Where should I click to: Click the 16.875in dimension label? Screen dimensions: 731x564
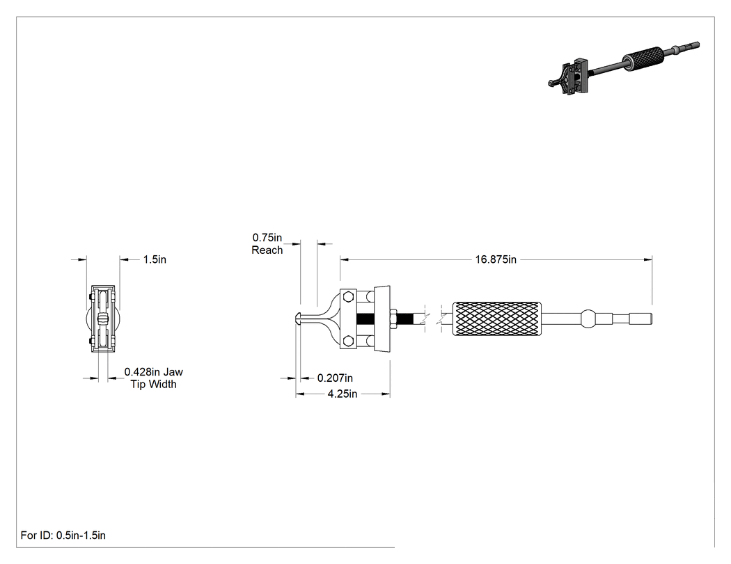click(496, 259)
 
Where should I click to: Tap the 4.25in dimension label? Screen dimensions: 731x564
click(343, 394)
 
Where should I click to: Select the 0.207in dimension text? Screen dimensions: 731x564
click(335, 378)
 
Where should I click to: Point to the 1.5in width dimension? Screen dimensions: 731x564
click(155, 259)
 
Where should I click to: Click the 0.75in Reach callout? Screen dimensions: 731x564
click(267, 244)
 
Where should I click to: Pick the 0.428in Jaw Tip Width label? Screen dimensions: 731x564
click(153, 378)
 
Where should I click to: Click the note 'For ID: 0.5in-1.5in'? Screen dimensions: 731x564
click(63, 535)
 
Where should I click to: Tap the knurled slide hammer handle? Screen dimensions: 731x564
click(497, 319)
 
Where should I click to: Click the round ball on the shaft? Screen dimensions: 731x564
click(588, 319)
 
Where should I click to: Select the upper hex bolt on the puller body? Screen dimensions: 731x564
click(348, 297)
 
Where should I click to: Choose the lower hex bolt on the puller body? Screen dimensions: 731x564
click(348, 341)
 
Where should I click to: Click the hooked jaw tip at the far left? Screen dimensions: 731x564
click(299, 319)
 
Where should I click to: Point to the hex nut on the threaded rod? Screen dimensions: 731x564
click(393, 319)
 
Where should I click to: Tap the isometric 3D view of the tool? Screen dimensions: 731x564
click(624, 68)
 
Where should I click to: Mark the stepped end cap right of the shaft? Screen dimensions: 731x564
click(640, 319)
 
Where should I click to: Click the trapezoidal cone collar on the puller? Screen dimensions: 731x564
click(382, 319)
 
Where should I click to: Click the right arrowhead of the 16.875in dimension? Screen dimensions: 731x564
click(648, 259)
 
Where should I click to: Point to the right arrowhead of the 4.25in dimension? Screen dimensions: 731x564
click(386, 394)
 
